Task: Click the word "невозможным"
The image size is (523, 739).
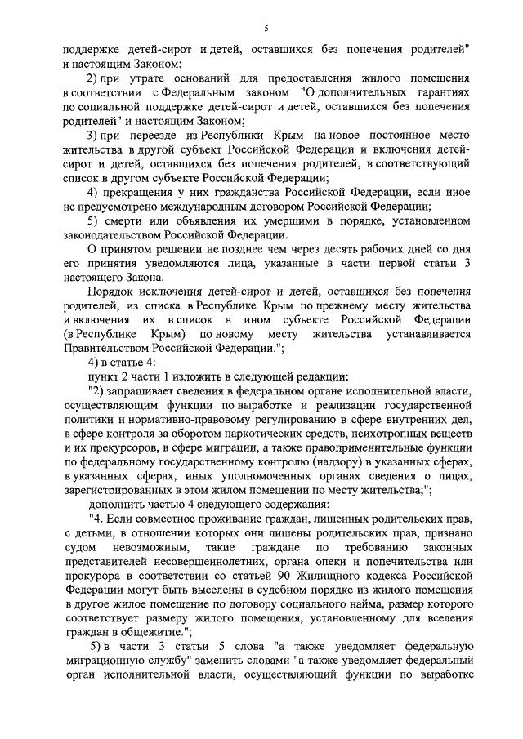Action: pos(136,550)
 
